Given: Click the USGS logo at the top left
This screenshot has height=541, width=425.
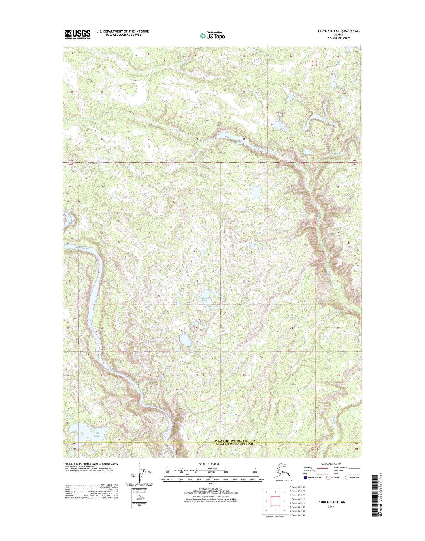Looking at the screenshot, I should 78,34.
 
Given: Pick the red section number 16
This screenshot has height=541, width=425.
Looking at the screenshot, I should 149,280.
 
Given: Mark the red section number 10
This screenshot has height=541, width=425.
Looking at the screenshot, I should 197,233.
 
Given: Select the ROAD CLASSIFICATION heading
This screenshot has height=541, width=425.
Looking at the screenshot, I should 331,464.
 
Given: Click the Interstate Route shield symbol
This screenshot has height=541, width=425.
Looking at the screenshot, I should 305,478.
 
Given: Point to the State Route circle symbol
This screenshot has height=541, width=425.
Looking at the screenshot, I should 347,478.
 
